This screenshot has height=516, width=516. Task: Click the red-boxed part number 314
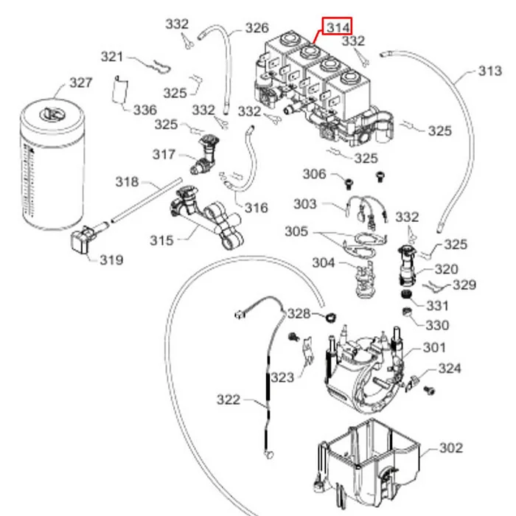coord(338,27)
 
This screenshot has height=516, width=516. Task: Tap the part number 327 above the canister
coord(80,82)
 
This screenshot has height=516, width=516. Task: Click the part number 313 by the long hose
coord(489,72)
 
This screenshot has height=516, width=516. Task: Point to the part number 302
coord(450,447)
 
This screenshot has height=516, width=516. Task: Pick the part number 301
coord(434,348)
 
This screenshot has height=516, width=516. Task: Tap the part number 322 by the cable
coord(229,400)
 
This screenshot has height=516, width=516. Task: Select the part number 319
coord(111,259)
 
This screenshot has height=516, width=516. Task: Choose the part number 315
coord(161,240)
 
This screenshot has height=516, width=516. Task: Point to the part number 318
coord(127,181)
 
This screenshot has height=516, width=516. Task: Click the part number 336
coord(144,110)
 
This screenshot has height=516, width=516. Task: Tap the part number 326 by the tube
coord(257,29)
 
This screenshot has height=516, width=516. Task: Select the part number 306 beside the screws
coord(315,174)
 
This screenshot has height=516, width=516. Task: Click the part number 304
coord(323,262)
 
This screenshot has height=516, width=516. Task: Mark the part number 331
coord(437,305)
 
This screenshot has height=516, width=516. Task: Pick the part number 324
coord(450,368)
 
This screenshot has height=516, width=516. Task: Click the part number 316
coord(256,207)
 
